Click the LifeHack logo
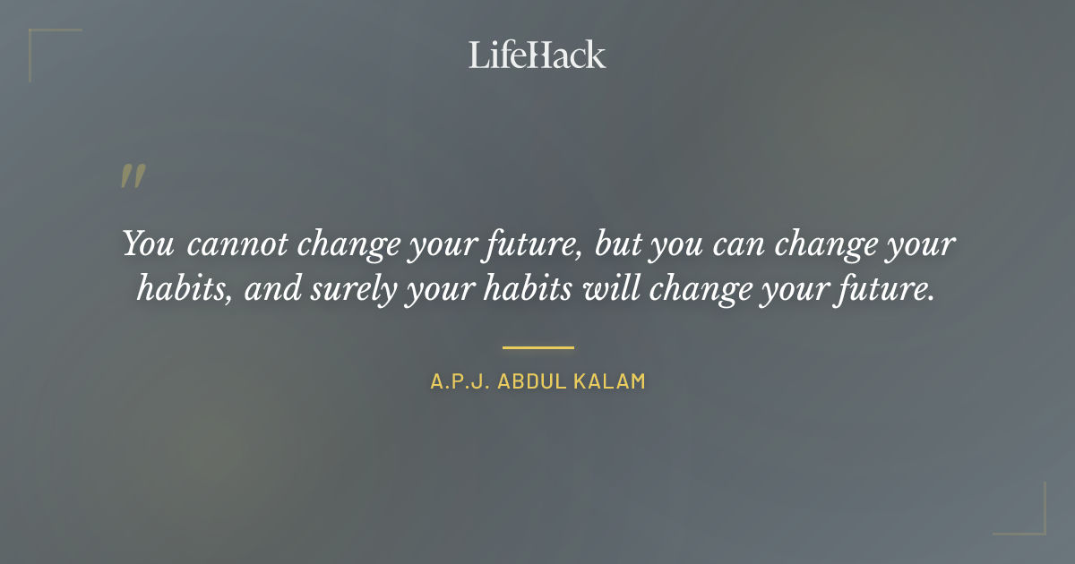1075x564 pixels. click(537, 55)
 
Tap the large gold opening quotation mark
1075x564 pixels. click(132, 176)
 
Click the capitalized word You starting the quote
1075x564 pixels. click(148, 244)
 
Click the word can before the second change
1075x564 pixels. click(735, 244)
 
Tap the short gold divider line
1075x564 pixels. click(537, 346)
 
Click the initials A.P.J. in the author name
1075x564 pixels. click(460, 381)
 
